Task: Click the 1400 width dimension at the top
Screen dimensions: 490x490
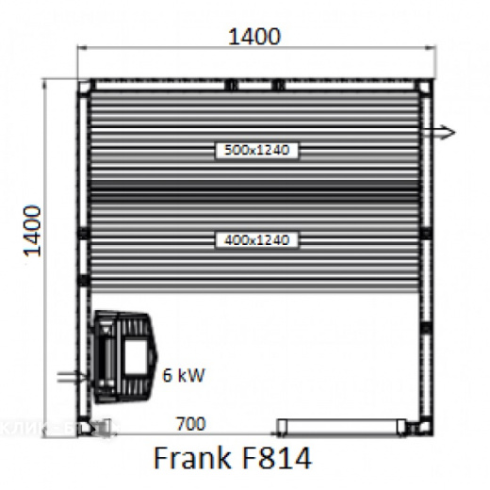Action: click(254, 37)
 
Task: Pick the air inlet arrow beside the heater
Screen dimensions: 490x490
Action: click(72, 378)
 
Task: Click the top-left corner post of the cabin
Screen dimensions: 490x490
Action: click(84, 87)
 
